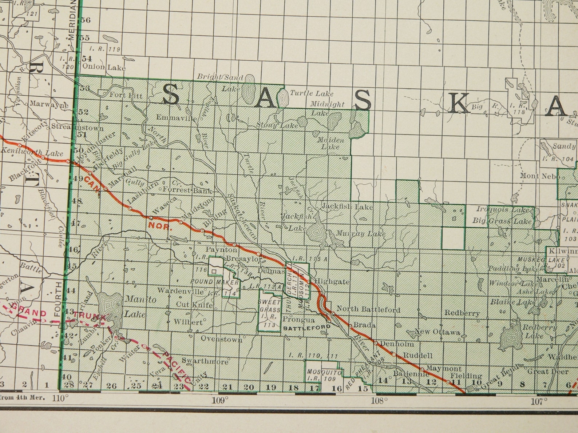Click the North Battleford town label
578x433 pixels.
[x=368, y=309]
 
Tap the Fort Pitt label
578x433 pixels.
[x=126, y=96]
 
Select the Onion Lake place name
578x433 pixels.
[x=104, y=67]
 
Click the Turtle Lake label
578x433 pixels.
[x=312, y=93]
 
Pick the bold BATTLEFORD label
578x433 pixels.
[x=307, y=327]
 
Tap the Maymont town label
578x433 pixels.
[x=444, y=368]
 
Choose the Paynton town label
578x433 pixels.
[x=222, y=250]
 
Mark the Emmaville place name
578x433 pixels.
[x=177, y=117]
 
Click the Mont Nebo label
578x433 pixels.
[x=540, y=176]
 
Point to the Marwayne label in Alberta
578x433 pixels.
[x=49, y=104]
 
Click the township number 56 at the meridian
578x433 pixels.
[x=86, y=20]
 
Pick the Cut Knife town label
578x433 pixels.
[x=194, y=305]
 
